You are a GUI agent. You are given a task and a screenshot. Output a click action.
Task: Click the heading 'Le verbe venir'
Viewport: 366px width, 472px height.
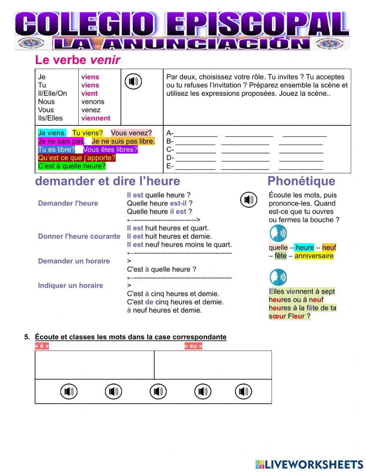pyautogui.click(x=77, y=60)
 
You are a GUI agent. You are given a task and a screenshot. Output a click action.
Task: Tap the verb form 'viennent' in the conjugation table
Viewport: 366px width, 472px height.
pyautogui.click(x=96, y=118)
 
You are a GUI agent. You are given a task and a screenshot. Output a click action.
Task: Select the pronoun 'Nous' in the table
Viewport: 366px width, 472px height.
pyautogui.click(x=46, y=102)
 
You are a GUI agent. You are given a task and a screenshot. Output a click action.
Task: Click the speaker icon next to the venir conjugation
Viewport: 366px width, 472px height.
pyautogui.click(x=133, y=82)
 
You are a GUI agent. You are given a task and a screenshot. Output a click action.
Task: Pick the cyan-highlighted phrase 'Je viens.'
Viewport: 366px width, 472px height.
pyautogui.click(x=52, y=133)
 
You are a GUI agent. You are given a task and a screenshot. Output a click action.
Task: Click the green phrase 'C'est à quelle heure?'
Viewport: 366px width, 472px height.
pyautogui.click(x=72, y=166)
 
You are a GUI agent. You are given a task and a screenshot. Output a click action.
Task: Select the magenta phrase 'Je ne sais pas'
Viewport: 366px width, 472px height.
pyautogui.click(x=61, y=141)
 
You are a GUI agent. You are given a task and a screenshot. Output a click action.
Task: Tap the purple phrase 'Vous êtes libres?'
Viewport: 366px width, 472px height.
pyautogui.click(x=110, y=150)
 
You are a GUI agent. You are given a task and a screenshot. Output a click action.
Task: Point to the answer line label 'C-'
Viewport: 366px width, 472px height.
pyautogui.click(x=170, y=150)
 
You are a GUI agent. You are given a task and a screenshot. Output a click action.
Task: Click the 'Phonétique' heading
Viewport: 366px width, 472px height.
pyautogui.click(x=301, y=181)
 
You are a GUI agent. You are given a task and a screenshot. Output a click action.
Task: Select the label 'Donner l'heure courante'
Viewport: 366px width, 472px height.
pyautogui.click(x=79, y=236)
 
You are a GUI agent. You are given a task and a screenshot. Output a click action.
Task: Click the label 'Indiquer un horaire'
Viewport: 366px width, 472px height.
pyautogui.click(x=70, y=286)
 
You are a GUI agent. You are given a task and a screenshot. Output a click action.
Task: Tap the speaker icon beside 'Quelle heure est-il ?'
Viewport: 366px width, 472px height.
pyautogui.click(x=249, y=200)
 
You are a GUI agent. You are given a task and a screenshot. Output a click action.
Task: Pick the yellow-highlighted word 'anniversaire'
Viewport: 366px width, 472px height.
pyautogui.click(x=314, y=256)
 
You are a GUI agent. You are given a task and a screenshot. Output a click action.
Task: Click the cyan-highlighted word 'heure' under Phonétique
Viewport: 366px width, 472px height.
pyautogui.click(x=305, y=248)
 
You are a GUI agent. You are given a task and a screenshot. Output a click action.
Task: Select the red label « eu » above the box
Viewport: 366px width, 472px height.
pyautogui.click(x=193, y=346)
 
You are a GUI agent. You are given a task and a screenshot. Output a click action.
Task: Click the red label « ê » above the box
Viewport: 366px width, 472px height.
pyautogui.click(x=42, y=346)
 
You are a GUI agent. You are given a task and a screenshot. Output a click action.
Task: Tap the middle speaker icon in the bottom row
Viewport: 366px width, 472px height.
pyautogui.click(x=158, y=392)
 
